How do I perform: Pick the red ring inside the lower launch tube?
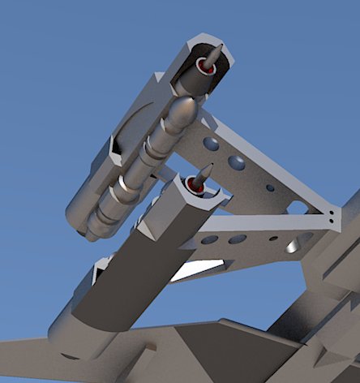tap(195, 186)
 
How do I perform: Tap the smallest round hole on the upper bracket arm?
tap(270, 187)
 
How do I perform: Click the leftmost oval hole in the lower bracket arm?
tap(209, 240)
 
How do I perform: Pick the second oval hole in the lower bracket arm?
tap(238, 239)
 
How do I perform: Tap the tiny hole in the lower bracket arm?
tap(272, 239)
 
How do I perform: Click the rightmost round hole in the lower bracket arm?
tap(306, 239)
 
